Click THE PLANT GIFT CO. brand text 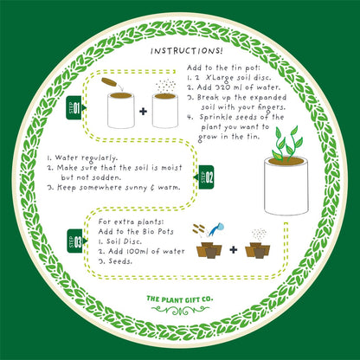[180, 300]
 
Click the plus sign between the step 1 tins [143, 112]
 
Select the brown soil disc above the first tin [110, 82]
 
